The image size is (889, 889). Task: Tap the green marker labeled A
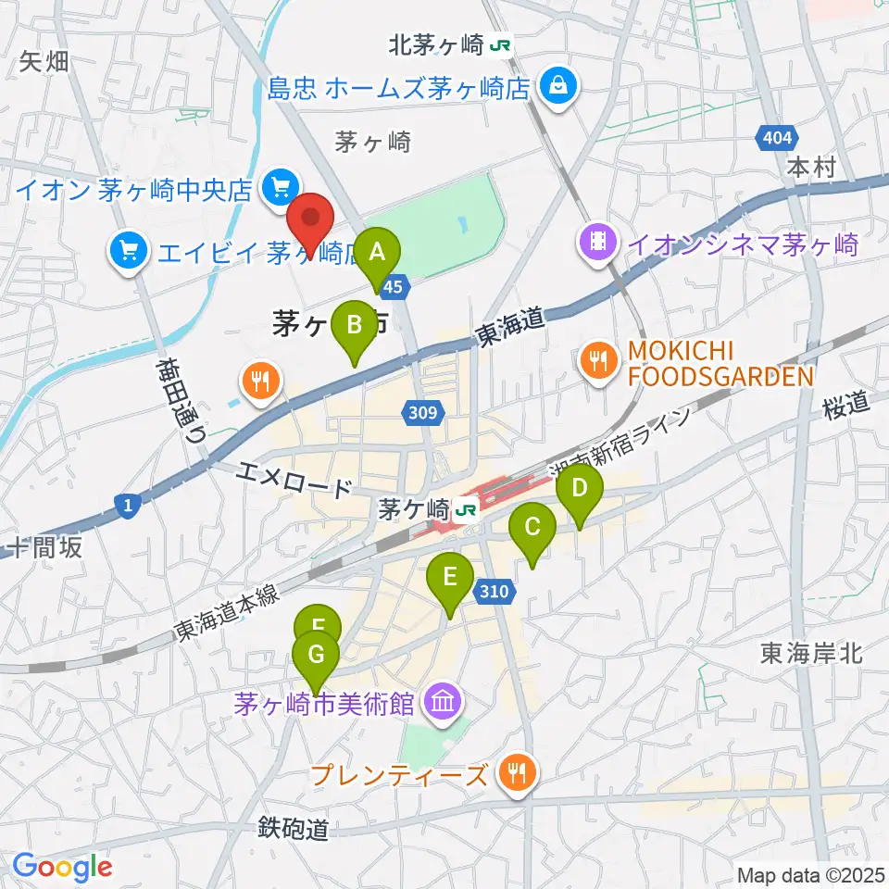click(378, 252)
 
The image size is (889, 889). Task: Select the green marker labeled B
click(355, 326)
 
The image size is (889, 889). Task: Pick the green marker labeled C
click(532, 529)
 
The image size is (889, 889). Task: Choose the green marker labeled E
click(449, 579)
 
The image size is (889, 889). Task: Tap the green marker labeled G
click(317, 657)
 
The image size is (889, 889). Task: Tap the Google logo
click(62, 868)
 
